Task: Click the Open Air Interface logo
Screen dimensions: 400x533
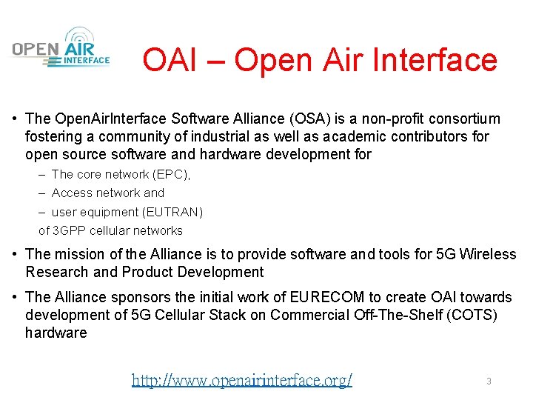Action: click(61, 48)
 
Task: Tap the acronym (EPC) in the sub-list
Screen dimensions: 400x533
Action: click(170, 175)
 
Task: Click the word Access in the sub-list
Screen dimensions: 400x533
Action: click(72, 193)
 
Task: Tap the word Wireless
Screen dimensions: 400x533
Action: click(488, 255)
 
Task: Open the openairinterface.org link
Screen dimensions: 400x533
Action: click(242, 381)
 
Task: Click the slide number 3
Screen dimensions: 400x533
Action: click(489, 381)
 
